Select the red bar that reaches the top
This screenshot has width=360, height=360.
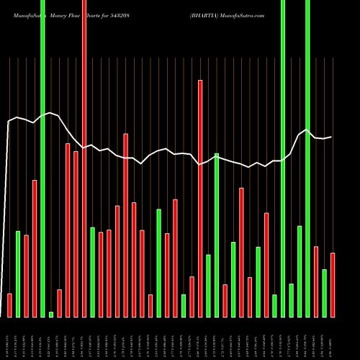coord(84,158)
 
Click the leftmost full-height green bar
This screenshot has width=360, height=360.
coord(42,158)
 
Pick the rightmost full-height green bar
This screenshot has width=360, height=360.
coord(307,158)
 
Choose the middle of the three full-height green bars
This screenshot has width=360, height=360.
coord(283,158)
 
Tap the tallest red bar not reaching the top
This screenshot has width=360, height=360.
coord(200,198)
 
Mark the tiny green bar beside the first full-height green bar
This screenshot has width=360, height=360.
coord(51,314)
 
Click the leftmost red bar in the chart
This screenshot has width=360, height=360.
coord(9,305)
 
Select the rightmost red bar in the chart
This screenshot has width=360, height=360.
coord(333,285)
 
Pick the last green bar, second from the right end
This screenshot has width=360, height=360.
coord(324,293)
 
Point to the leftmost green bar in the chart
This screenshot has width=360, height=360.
coord(18,274)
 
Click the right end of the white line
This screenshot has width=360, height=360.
coord(331,137)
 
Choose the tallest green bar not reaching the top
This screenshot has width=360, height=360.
coord(217,235)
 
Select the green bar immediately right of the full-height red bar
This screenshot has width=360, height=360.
coord(92,272)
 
